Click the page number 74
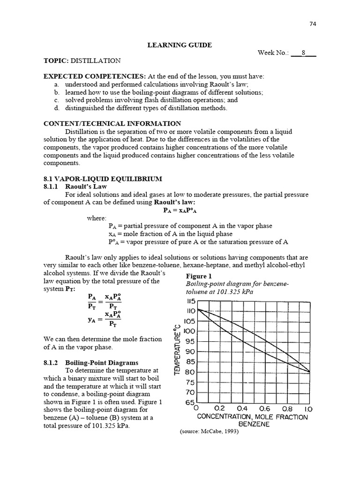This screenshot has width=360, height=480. [x=313, y=25]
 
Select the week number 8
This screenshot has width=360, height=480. [x=303, y=53]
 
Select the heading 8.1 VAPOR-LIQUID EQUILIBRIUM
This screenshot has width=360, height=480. [x=103, y=179]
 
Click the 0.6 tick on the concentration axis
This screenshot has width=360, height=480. [x=265, y=409]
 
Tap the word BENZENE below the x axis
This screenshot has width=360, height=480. [x=254, y=424]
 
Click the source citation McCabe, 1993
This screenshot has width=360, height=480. [x=209, y=432]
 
